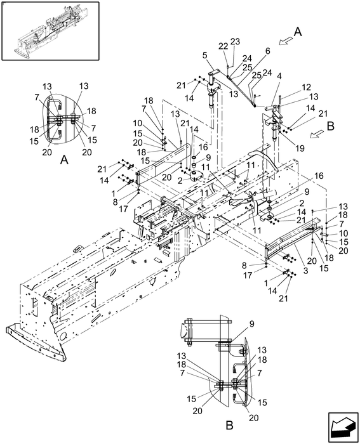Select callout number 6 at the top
[x=267, y=51]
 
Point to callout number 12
[x=306, y=87]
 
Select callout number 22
[x=223, y=46]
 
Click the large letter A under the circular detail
[x=63, y=161]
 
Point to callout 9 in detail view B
[x=251, y=323]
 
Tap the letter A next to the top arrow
[x=297, y=30]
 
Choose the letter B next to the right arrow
[x=330, y=125]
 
